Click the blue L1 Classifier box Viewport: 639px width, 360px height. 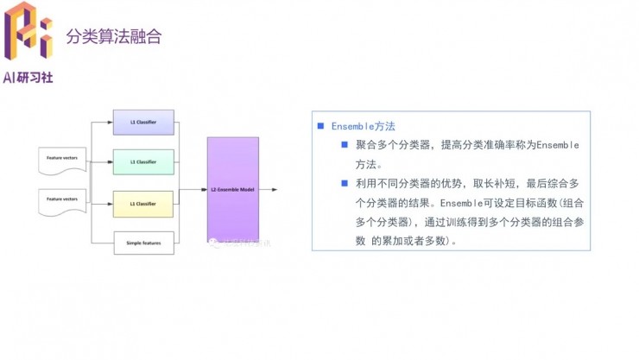point(143,122)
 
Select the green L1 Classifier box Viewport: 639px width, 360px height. point(143,162)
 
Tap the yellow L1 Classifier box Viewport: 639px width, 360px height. point(143,204)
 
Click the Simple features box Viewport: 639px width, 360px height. point(143,243)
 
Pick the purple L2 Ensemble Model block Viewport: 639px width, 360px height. point(232,188)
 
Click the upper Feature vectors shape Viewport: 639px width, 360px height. point(62,159)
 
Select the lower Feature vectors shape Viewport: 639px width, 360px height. point(62,201)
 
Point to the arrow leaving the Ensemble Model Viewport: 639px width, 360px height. point(269,189)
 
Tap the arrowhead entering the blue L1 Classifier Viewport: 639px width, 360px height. point(111,122)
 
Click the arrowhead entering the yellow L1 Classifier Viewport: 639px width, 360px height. point(111,204)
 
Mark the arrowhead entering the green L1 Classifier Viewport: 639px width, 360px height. point(111,162)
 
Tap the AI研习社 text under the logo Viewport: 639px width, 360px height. point(28,77)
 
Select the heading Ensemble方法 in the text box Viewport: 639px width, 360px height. point(363,126)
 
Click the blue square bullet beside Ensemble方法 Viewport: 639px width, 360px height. point(320,126)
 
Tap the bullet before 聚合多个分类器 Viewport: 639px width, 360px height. point(344,144)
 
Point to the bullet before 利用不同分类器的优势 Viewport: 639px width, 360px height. point(344,183)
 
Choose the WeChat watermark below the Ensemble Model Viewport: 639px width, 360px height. point(237,244)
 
